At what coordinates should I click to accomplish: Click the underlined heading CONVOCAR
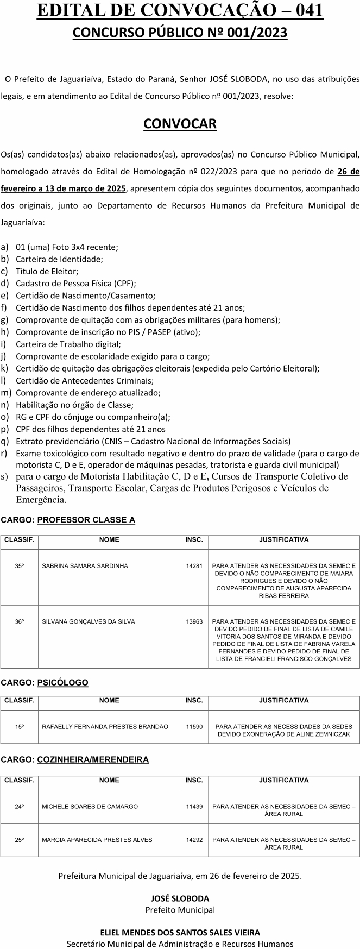[x=180, y=124]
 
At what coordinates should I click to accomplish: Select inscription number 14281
[x=194, y=566]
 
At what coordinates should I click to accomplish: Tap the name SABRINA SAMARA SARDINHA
[x=85, y=566]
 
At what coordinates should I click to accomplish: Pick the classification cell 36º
[x=20, y=621]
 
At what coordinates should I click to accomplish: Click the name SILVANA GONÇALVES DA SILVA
[x=89, y=621]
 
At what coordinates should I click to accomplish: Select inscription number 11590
[x=194, y=726]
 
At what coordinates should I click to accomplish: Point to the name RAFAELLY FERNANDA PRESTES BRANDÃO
[x=105, y=726]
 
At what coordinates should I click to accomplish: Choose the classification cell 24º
[x=20, y=807]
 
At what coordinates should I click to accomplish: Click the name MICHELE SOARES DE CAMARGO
[x=90, y=807]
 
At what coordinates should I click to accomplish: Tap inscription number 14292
[x=194, y=840]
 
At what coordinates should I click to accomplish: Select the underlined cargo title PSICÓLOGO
[x=62, y=682]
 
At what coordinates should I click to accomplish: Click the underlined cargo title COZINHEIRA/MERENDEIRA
[x=93, y=759]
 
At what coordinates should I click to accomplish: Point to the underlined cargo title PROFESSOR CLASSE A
[x=86, y=520]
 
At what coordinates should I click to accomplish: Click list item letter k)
[x=5, y=368]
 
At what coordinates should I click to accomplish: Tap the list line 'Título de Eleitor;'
[x=47, y=271]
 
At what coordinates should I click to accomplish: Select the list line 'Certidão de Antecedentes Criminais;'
[x=85, y=381]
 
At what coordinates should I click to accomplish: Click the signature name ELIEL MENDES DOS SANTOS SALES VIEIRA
[x=180, y=933]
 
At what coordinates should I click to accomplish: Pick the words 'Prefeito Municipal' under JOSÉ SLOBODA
[x=180, y=910]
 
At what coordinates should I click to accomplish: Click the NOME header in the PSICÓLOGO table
[x=109, y=700]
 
